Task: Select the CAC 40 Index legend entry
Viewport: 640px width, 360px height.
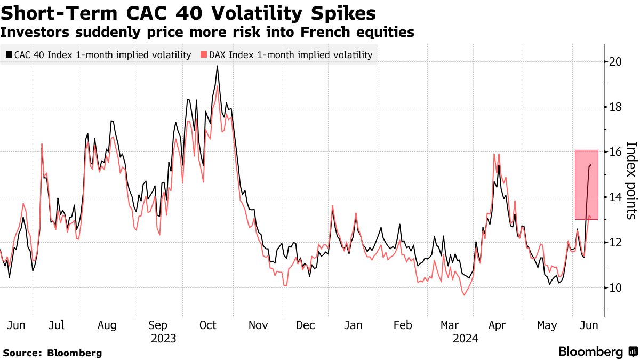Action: pos(98,54)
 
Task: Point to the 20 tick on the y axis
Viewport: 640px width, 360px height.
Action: pos(615,62)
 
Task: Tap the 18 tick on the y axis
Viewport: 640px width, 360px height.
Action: pos(615,107)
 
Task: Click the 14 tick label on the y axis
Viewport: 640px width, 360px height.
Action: pos(615,197)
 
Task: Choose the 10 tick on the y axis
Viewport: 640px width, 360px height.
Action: pos(615,287)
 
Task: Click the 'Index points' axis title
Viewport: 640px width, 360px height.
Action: pos(631,180)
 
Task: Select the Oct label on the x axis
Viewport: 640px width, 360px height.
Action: pos(208,325)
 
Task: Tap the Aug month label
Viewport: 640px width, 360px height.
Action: pos(107,325)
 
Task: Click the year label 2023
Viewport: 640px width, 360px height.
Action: pos(163,338)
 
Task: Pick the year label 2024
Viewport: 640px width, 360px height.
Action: pos(465,338)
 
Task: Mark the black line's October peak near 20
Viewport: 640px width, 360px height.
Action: pos(217,66)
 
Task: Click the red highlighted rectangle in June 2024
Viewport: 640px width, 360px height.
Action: pos(586,184)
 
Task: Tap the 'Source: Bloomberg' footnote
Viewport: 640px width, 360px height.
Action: pos(52,353)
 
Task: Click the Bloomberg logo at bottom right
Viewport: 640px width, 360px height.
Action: pos(597,351)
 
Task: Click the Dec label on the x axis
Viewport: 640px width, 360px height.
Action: pos(306,325)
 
